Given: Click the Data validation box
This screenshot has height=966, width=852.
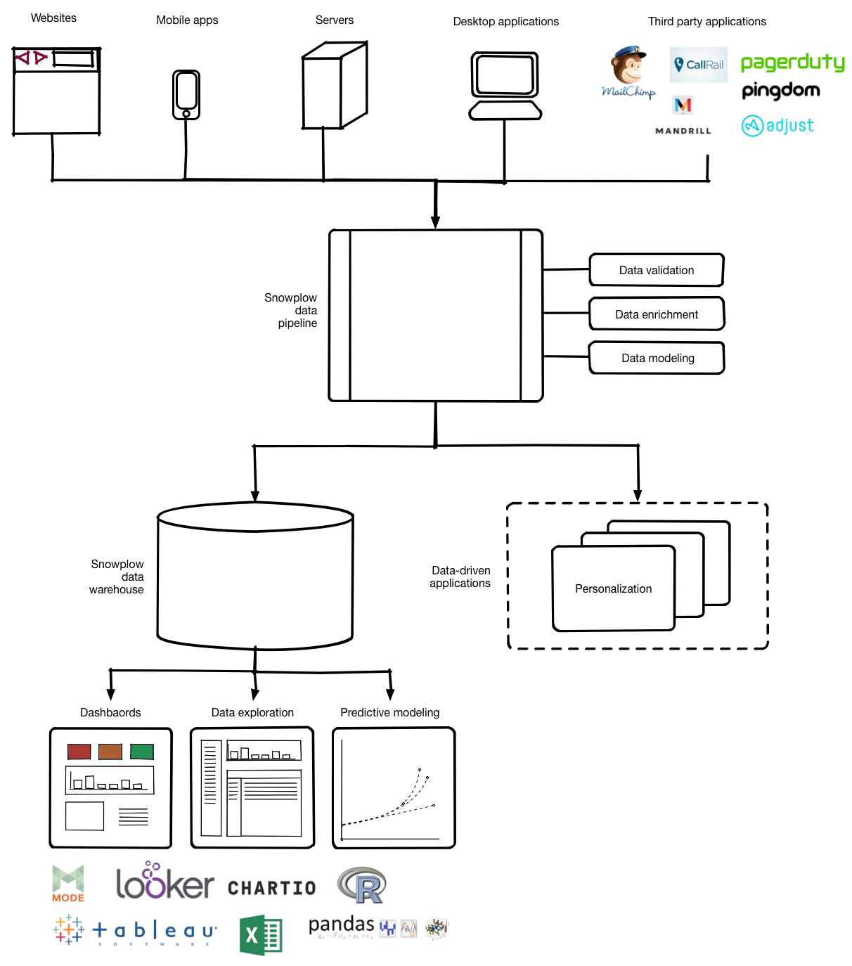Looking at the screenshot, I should click(657, 270).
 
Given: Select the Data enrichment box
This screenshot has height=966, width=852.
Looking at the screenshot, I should click(657, 314).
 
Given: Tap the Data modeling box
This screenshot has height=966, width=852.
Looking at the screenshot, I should click(657, 358).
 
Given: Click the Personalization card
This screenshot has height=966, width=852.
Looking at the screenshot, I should click(613, 588).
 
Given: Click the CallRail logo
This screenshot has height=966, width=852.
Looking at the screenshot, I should click(698, 65).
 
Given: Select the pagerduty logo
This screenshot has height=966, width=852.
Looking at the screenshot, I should click(792, 63).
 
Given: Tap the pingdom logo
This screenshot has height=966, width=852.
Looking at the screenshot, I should click(780, 91).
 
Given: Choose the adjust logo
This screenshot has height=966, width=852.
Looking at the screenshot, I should click(777, 126).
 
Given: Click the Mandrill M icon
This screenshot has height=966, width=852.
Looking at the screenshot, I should click(683, 105).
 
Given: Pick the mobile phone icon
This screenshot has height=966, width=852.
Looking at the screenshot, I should click(186, 94).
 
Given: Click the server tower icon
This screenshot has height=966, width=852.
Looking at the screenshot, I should click(334, 86).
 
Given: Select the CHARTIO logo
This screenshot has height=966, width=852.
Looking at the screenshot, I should click(271, 888).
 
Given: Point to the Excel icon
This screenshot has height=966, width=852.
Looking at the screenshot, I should click(261, 935).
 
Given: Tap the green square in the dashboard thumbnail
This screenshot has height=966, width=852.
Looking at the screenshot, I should click(142, 752).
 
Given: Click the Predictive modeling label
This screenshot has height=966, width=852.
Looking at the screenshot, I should click(389, 712).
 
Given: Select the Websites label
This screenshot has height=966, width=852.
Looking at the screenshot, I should click(53, 18).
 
